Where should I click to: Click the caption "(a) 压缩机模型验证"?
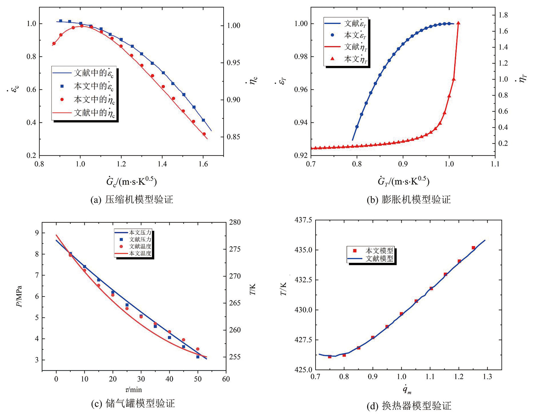coord(132,200)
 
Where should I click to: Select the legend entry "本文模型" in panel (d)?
coord(379,250)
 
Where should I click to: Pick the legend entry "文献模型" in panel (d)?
coord(379,258)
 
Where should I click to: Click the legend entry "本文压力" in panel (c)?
coord(140,232)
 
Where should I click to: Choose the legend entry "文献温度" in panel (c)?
coord(140,246)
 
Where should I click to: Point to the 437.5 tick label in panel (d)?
coord(303,220)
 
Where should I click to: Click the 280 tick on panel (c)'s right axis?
coord(235,222)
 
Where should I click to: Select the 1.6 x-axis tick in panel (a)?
coord(203,164)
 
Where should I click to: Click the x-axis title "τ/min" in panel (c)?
coord(133,390)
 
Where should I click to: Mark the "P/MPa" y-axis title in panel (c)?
coord(20,296)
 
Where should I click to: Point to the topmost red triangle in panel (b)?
coord(458,23)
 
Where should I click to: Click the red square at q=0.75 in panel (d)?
coord(330,357)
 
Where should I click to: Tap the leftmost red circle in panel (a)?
coord(54,44)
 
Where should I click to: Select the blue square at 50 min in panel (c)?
coord(198,357)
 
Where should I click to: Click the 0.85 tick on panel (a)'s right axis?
coord(234,137)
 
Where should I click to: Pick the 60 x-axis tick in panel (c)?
coord(226,379)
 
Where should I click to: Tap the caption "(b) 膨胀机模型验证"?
coord(408,200)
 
